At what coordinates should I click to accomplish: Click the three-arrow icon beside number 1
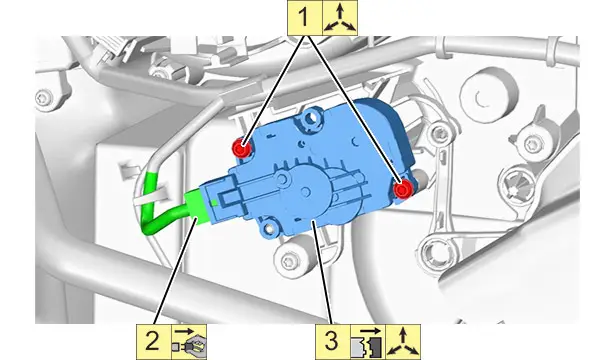coord(340,18)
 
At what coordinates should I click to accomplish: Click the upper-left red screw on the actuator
coord(242,148)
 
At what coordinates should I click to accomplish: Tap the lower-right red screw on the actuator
coord(402,190)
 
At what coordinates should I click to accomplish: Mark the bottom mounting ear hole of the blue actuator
coord(270,228)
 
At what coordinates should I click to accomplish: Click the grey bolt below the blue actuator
coord(288,258)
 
